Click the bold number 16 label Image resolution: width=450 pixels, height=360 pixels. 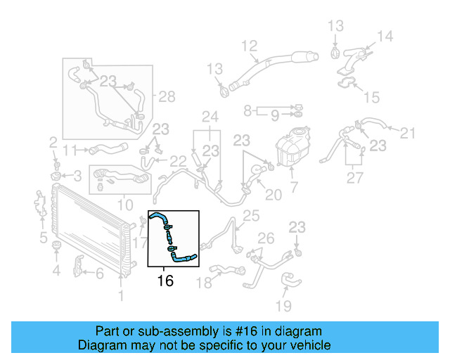165,281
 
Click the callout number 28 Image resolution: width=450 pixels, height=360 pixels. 166,96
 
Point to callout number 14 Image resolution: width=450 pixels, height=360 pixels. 385,37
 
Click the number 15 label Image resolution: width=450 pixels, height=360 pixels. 371,97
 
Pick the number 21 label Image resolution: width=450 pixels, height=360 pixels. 409,131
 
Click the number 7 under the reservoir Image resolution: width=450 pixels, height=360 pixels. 294,188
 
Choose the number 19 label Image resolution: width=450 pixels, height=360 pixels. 283,306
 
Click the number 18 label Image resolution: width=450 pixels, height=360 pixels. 203,283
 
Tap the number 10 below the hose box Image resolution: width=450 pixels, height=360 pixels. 124,205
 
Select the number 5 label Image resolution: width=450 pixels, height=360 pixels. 43,236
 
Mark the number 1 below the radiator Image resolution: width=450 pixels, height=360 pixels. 120,297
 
